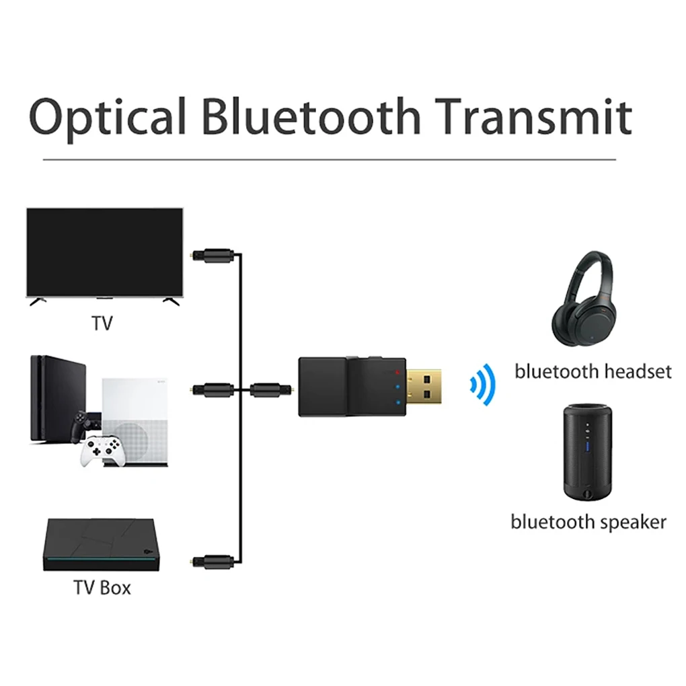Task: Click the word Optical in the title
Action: pos(108,116)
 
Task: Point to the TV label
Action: pos(102,323)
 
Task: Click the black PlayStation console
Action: pos(58,404)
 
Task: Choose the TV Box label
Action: pos(102,587)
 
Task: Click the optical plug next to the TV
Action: pos(211,255)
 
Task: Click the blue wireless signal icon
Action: pos(482,386)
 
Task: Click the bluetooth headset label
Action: pos(593,371)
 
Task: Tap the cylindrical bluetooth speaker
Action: pos(588,451)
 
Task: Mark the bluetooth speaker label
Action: pos(588,522)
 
